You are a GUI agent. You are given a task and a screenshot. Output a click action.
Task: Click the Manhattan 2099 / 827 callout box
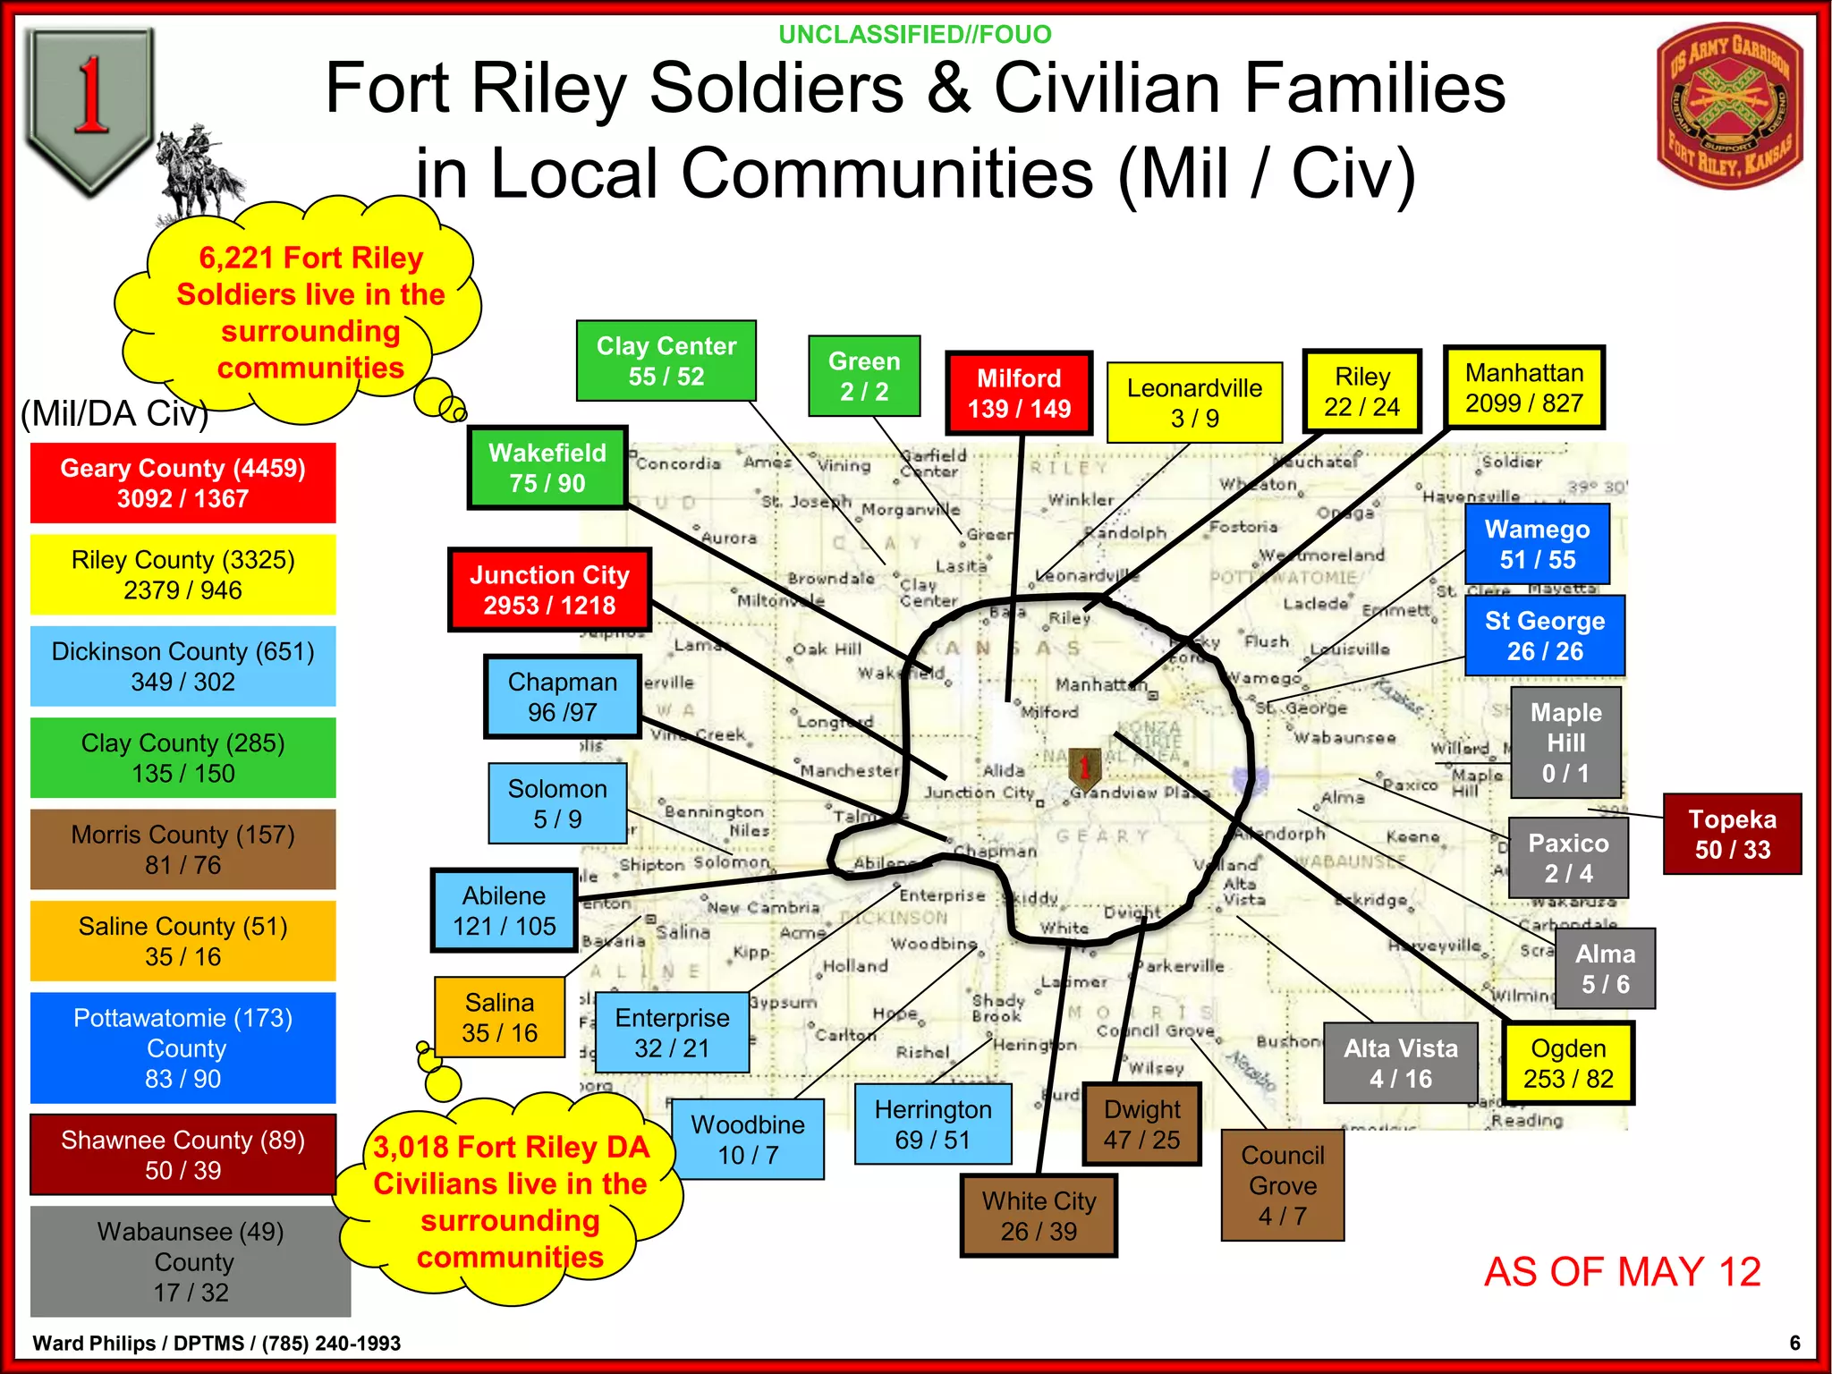pyautogui.click(x=1523, y=388)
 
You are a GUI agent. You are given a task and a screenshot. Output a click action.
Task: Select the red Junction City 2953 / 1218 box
pyautogui.click(x=549, y=590)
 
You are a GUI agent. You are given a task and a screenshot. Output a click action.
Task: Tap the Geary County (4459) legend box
pyautogui.click(x=183, y=483)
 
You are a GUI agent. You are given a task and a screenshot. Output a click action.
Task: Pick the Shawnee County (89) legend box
pyautogui.click(x=183, y=1155)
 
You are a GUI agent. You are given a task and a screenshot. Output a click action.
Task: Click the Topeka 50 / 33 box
pyautogui.click(x=1732, y=834)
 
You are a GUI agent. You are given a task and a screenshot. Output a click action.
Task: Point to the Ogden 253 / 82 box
pyautogui.click(x=1568, y=1064)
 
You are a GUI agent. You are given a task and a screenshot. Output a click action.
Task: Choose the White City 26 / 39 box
pyautogui.click(x=1039, y=1216)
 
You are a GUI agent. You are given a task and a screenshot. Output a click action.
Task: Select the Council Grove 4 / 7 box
pyautogui.click(x=1282, y=1185)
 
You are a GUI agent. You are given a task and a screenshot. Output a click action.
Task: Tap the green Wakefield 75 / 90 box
pyautogui.click(x=547, y=468)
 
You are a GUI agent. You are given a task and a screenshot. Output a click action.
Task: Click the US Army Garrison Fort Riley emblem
pyautogui.click(x=1729, y=106)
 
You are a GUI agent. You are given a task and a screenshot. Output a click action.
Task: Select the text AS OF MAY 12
pyautogui.click(x=1622, y=1271)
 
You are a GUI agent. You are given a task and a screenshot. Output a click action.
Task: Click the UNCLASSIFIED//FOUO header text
pyautogui.click(x=914, y=35)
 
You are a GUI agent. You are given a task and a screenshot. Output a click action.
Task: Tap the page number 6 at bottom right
pyautogui.click(x=1794, y=1343)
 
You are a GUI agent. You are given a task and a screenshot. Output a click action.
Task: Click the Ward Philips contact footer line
pyautogui.click(x=216, y=1343)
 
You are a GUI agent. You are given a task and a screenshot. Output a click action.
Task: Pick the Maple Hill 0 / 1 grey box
pyautogui.click(x=1565, y=742)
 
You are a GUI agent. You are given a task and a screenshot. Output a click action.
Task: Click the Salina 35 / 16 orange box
pyautogui.click(x=499, y=1018)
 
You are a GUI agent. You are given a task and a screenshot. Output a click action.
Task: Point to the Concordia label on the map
pyautogui.click(x=678, y=463)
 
